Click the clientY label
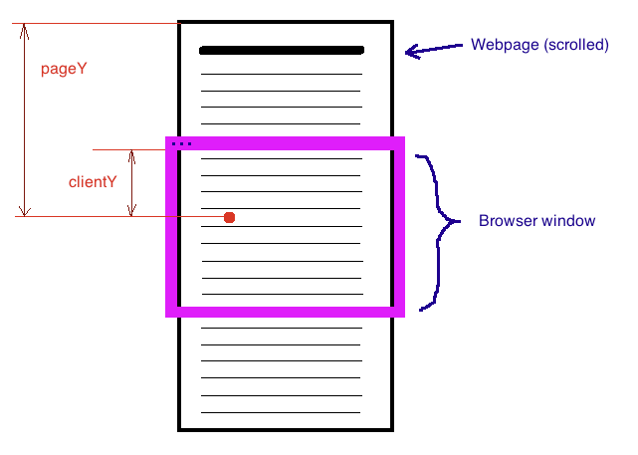[93, 182]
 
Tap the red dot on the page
[229, 217]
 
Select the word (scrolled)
[576, 46]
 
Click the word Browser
[510, 221]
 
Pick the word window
[570, 221]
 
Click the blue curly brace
[436, 229]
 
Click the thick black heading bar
[281, 50]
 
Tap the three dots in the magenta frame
[181, 144]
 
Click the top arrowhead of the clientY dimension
[130, 155]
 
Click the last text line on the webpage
[281, 412]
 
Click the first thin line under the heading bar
[281, 75]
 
